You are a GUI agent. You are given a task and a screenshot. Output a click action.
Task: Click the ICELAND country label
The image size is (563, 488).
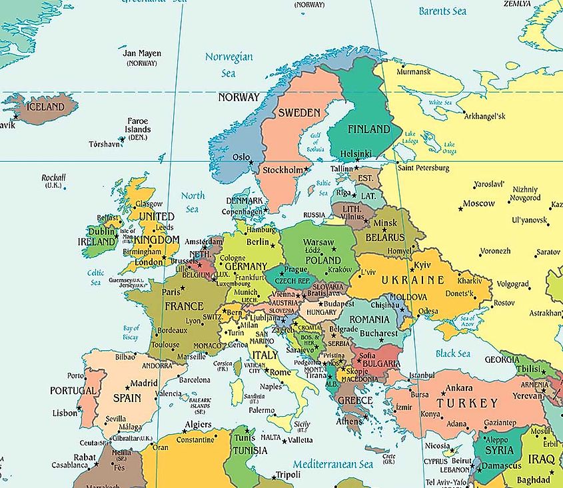45,107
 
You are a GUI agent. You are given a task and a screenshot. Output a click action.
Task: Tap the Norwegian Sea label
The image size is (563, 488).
229,64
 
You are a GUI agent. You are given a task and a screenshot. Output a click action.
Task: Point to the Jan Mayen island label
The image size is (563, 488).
142,53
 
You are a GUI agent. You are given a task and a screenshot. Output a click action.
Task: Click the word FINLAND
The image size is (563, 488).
368,129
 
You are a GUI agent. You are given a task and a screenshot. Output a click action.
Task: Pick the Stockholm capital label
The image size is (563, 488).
282,170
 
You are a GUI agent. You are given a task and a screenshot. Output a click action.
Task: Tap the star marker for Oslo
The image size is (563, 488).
251,162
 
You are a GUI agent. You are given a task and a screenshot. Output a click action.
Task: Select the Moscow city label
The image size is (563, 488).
478,204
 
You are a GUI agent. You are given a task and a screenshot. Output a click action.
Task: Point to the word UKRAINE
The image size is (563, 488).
412,280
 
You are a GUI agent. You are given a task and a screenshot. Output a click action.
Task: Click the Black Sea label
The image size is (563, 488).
453,354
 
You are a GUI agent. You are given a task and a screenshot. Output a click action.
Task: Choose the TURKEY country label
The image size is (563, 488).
466,403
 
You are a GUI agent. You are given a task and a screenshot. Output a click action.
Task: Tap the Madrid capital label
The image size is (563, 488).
144,383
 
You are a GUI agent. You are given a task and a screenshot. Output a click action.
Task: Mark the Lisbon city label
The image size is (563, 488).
65,413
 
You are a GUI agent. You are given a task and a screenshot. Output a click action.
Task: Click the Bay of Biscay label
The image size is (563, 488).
131,332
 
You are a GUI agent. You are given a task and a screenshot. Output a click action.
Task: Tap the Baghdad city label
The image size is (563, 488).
533,480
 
